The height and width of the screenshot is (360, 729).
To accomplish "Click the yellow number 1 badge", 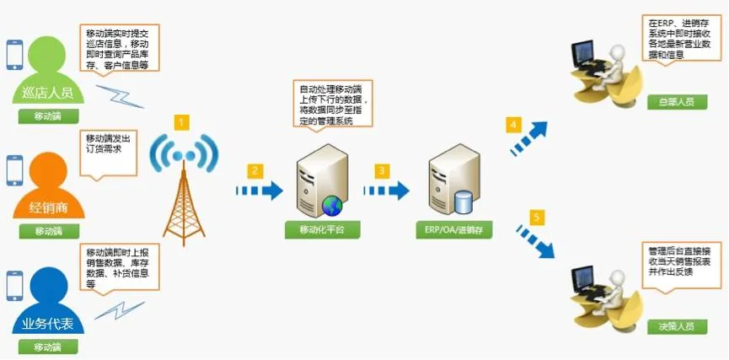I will click(x=182, y=123).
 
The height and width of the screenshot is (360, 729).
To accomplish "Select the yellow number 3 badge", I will click(x=382, y=170).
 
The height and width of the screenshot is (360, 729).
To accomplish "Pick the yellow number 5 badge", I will click(x=536, y=218).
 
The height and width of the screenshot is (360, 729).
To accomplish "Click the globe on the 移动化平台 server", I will click(x=332, y=203).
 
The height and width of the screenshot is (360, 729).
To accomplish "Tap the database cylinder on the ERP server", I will click(x=462, y=203).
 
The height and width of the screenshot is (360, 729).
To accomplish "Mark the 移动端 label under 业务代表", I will click(x=49, y=347).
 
